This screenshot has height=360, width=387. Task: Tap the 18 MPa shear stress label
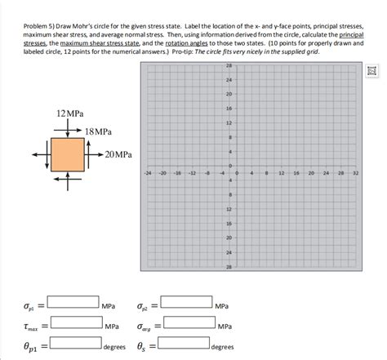pos(98,131)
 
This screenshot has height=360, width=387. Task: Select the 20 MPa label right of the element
pos(118,153)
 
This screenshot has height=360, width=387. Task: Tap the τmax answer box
pos(73,326)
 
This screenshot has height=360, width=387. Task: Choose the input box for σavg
pos(187,326)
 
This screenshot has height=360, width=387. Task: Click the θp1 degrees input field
pos(73,345)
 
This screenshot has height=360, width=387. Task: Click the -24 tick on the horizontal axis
pos(148,174)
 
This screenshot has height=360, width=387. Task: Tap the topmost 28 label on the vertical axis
pos(229,65)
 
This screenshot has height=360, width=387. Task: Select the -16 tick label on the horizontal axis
pos(177,174)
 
